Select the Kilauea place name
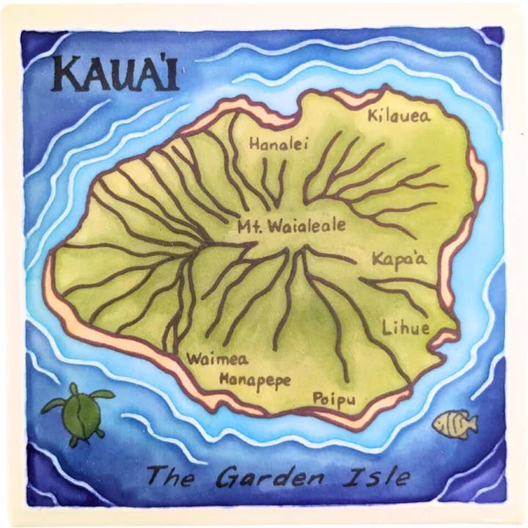click(399, 115)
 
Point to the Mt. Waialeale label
click(291, 227)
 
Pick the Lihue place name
click(406, 328)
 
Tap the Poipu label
click(334, 399)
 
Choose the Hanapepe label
click(255, 380)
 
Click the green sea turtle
click(80, 413)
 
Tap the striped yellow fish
click(454, 423)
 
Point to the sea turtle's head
click(75, 389)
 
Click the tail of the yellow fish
click(472, 423)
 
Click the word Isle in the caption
click(380, 477)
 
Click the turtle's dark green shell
click(83, 414)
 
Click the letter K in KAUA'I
click(66, 75)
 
